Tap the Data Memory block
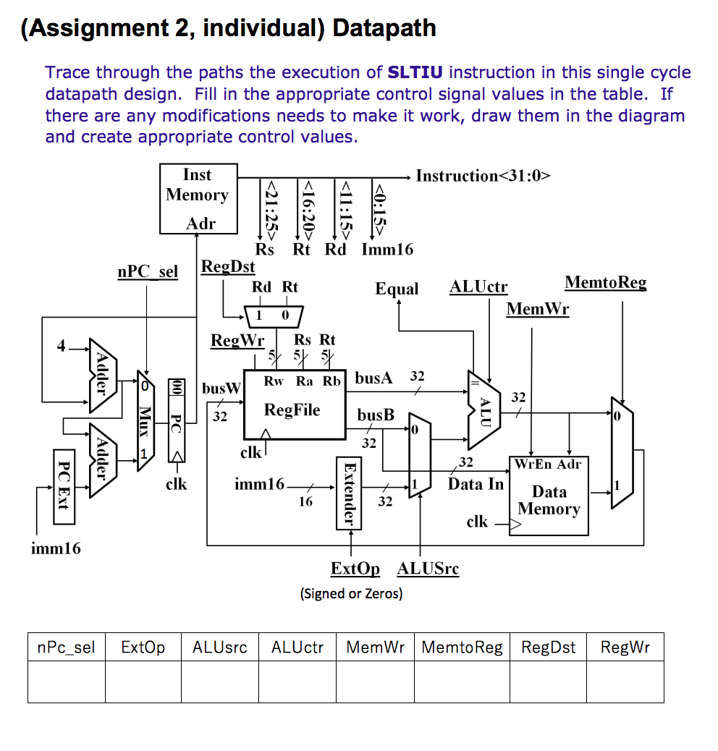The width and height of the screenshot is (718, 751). (549, 496)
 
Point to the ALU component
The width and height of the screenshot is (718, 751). (484, 410)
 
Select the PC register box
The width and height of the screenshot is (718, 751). (176, 420)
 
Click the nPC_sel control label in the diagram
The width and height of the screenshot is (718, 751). (147, 272)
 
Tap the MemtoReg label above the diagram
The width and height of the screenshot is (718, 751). (605, 283)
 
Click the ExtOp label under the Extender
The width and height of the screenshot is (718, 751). (355, 569)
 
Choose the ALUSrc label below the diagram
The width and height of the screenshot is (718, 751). (428, 569)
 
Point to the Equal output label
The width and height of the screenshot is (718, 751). (397, 289)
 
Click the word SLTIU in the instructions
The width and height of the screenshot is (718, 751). (416, 72)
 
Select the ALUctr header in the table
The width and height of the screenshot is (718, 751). (297, 648)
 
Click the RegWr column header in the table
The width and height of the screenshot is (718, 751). (625, 648)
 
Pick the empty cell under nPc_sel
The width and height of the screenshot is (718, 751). (66, 682)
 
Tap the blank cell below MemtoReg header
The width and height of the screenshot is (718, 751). (461, 682)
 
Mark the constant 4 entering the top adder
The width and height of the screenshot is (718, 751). (62, 347)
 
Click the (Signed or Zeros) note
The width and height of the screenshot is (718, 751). (351, 594)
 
